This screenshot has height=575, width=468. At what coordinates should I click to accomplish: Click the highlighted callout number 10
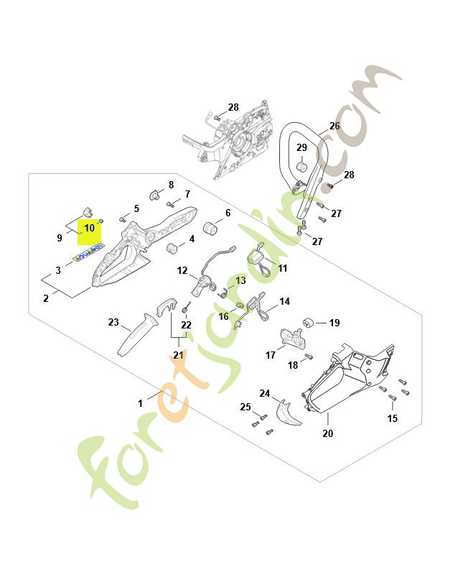point(89,228)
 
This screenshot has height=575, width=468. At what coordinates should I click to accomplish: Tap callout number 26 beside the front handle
point(334,126)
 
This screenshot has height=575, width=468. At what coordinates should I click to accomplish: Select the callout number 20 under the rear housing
point(328,433)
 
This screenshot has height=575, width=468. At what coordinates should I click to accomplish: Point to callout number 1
point(140,403)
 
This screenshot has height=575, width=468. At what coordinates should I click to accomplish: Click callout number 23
point(113,322)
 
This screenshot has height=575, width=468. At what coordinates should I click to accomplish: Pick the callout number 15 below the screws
point(392,418)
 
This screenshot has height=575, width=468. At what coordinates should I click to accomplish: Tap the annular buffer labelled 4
point(172,248)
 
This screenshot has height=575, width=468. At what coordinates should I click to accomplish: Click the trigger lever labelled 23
point(136,334)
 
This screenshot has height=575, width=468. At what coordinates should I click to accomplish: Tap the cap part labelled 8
point(155,195)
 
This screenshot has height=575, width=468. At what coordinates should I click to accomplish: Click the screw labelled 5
point(123,220)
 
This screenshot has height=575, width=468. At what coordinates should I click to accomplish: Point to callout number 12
point(182,271)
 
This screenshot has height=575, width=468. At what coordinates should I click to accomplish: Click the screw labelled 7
point(169,203)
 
